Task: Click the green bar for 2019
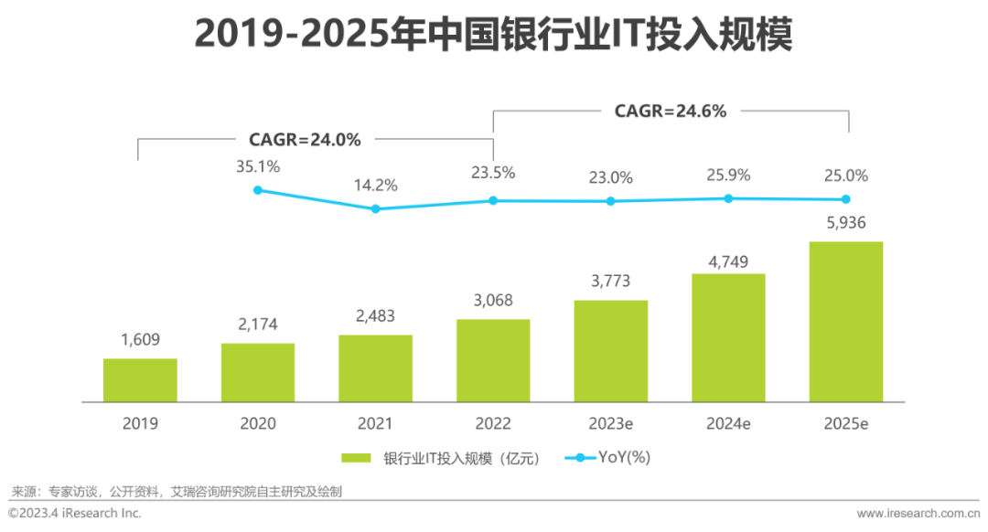[x=140, y=380]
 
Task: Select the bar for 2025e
[x=846, y=322]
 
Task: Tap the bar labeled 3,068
[x=493, y=360]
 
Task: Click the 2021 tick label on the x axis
[x=375, y=423]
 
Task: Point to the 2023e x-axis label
[x=610, y=423]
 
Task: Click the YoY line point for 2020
[x=258, y=190]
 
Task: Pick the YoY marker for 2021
[x=375, y=208]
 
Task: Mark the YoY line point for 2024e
[x=729, y=197]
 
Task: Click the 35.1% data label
[x=258, y=166]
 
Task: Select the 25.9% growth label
[x=729, y=174]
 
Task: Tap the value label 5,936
[x=846, y=223]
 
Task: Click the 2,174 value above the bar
[x=258, y=324]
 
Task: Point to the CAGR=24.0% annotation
[x=305, y=140]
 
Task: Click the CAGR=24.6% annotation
[x=670, y=112]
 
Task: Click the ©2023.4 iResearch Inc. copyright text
[x=75, y=514]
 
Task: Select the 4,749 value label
[x=729, y=262]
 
